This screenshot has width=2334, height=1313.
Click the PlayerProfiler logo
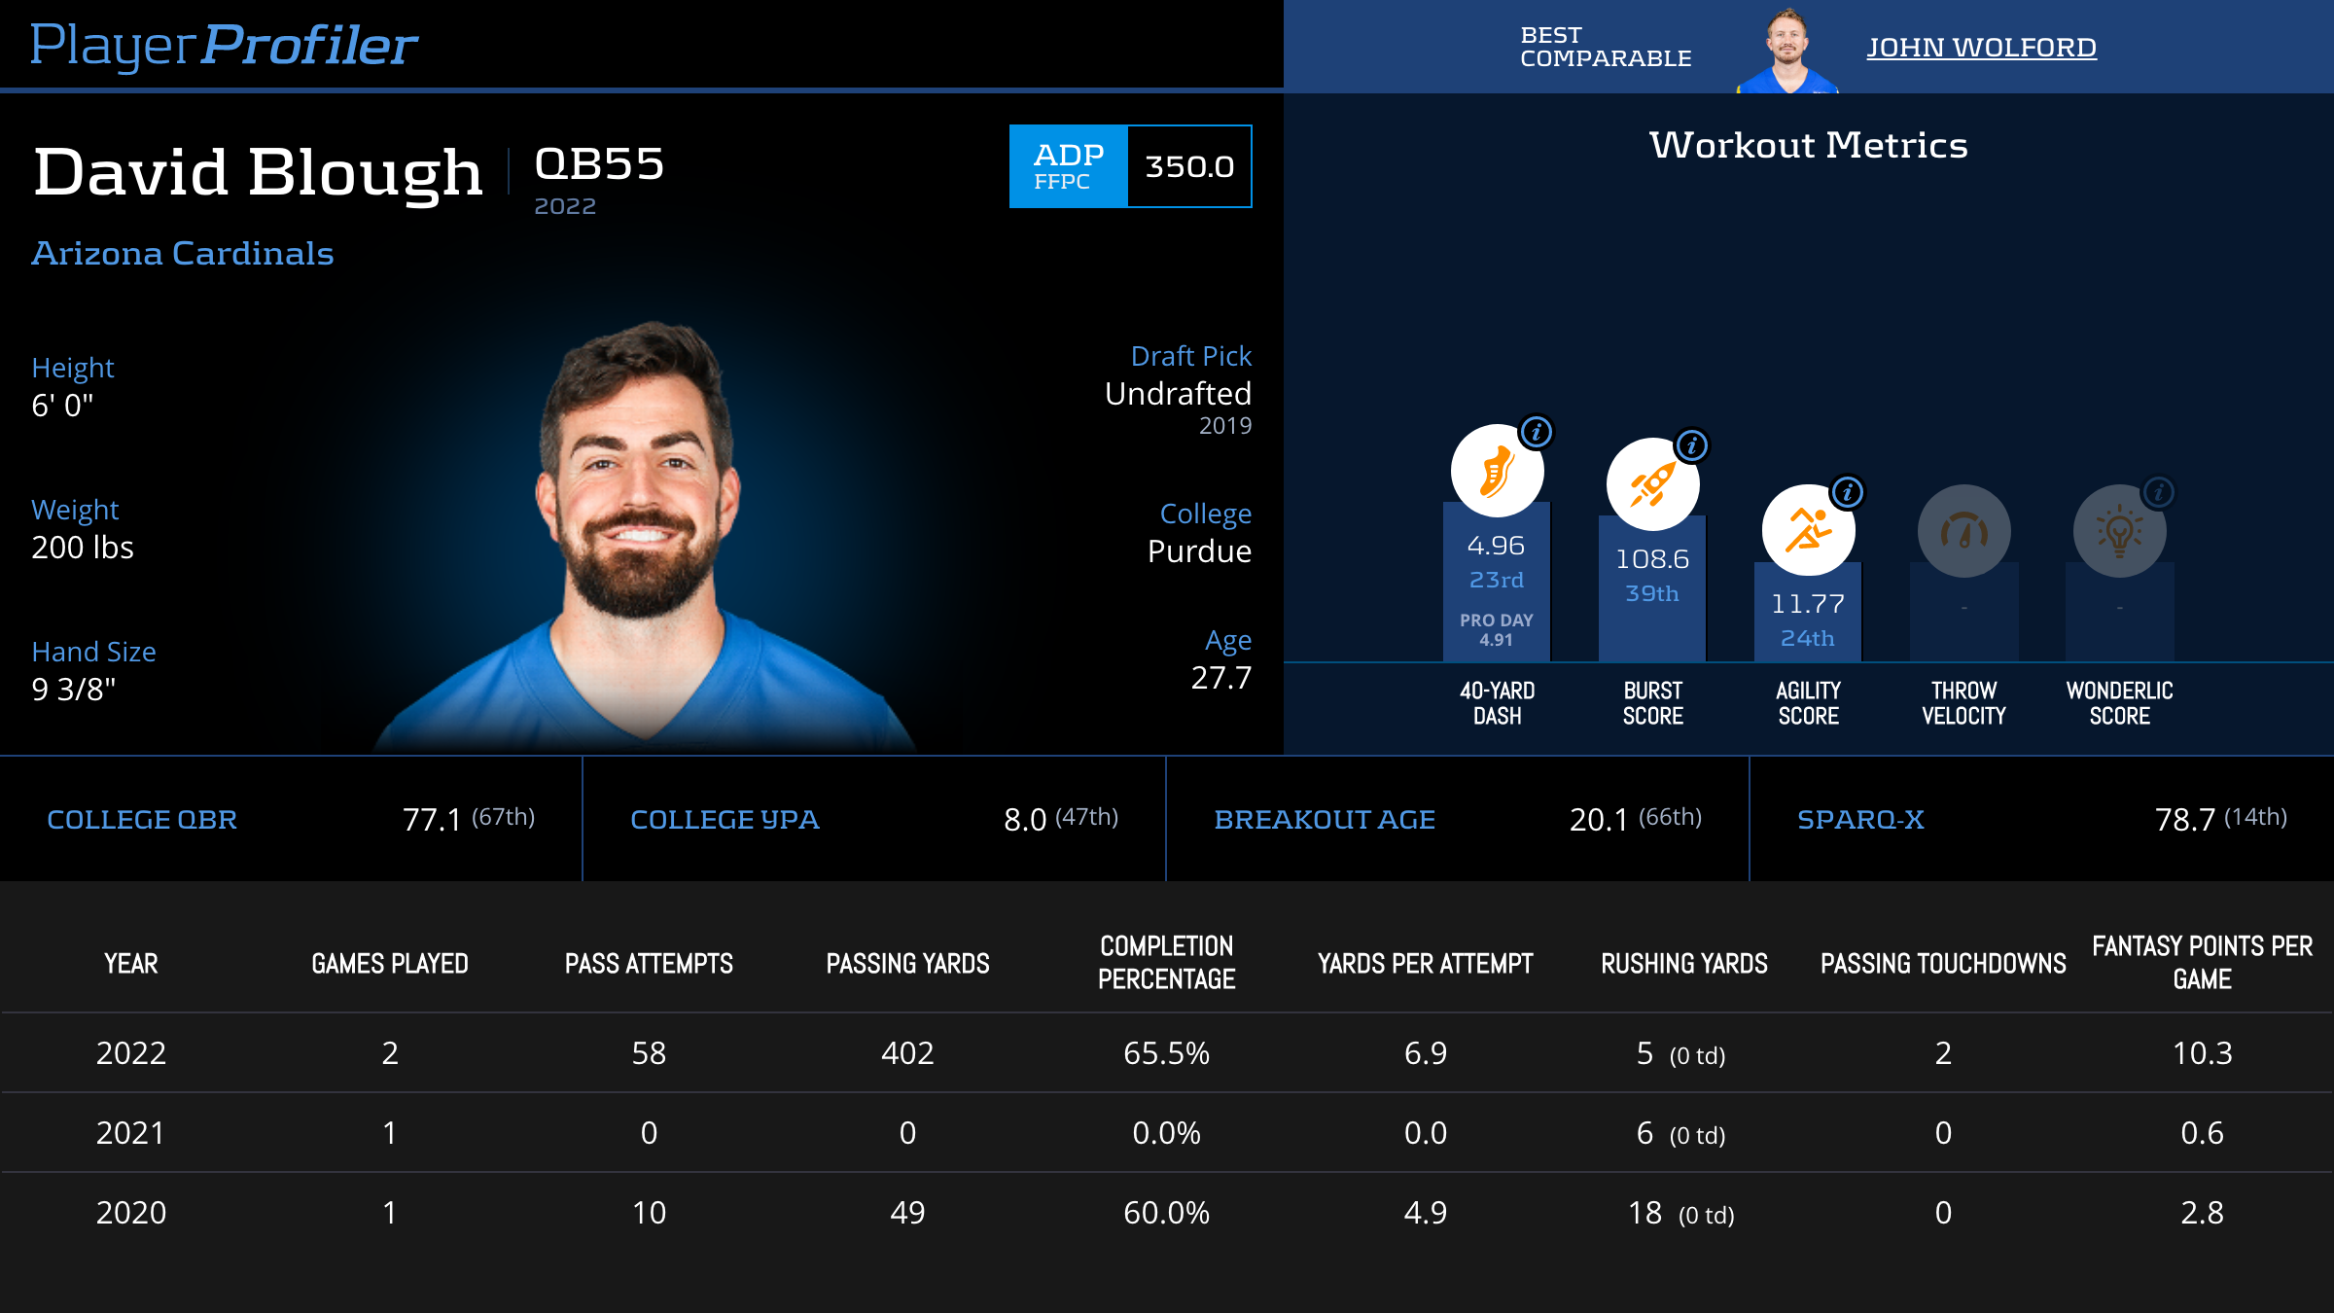[x=224, y=45]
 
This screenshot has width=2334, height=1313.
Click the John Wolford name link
[x=1981, y=47]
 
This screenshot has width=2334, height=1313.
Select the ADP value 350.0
[x=1189, y=166]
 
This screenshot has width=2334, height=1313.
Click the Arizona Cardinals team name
[x=183, y=254]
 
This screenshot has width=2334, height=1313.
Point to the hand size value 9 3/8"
[x=74, y=690]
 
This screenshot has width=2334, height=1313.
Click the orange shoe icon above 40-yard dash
[x=1496, y=472]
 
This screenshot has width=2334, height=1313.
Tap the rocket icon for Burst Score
[x=1651, y=484]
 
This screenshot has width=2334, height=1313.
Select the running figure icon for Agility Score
[x=1807, y=530]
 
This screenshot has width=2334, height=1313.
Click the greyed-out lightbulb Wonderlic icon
[x=2119, y=531]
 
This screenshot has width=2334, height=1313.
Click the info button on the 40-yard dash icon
[x=1537, y=432]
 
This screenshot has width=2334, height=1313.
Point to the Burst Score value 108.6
[x=1652, y=559]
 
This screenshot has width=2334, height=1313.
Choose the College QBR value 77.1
[x=432, y=820]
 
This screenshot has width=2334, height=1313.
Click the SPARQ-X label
[x=1860, y=820]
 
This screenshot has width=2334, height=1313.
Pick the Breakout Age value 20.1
[x=1598, y=820]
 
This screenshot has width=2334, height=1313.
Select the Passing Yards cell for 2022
[x=907, y=1053]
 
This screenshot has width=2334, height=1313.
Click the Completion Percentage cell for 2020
[x=1166, y=1213]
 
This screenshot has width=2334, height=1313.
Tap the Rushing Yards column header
[x=1684, y=964]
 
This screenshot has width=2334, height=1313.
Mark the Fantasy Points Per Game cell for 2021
[x=2202, y=1133]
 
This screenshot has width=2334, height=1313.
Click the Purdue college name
[x=1199, y=551]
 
